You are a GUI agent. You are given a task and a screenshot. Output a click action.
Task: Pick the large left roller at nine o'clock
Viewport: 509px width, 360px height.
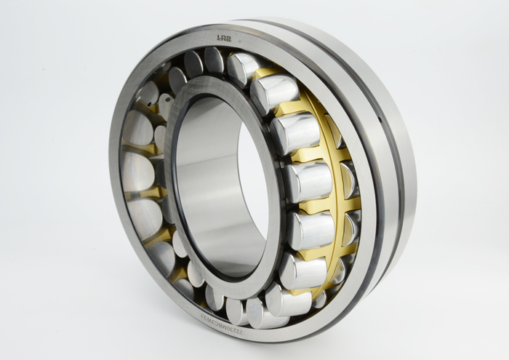tap(138, 171)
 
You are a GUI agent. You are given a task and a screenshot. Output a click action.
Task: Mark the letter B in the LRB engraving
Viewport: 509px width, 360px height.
tap(228, 36)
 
